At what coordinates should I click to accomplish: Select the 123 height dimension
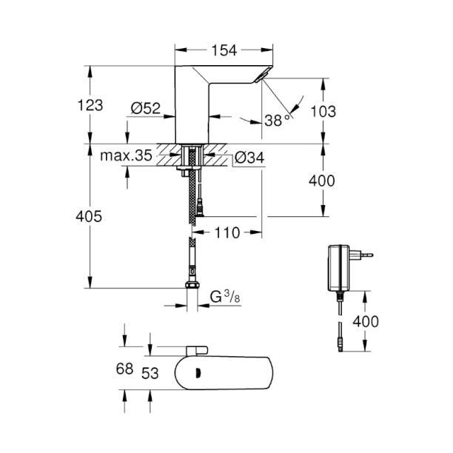coord(90,105)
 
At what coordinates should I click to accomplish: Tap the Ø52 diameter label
coord(146,108)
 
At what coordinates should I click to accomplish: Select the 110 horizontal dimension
coord(226,233)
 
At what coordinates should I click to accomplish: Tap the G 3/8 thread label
coord(222,298)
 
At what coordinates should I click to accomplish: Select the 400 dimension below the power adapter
coord(366,321)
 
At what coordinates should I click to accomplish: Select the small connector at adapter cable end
coord(339,342)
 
